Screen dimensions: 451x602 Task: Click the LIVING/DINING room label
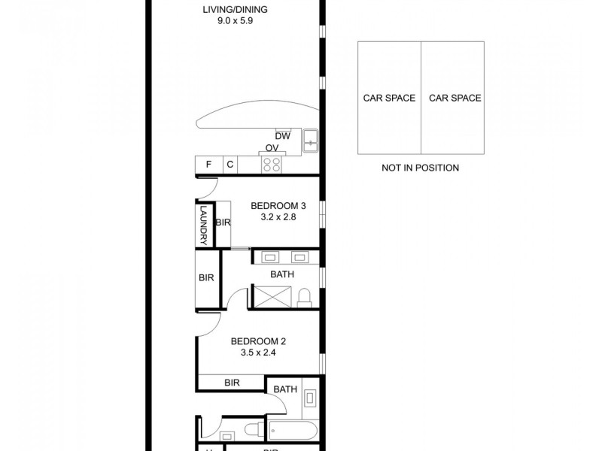(235, 10)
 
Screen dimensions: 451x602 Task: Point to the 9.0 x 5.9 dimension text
(235, 23)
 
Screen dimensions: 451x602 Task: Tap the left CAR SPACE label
(389, 98)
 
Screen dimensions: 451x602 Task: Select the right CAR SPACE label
(455, 98)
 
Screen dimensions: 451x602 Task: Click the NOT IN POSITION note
(421, 168)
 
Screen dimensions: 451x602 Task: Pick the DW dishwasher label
(282, 136)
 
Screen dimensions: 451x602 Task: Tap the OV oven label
(272, 149)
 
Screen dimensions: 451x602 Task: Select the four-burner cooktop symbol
(271, 165)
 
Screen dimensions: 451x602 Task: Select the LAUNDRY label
(204, 225)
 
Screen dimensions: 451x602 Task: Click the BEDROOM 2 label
(257, 341)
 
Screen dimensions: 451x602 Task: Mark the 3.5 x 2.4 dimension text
(257, 353)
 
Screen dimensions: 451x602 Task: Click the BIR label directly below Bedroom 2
(232, 383)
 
